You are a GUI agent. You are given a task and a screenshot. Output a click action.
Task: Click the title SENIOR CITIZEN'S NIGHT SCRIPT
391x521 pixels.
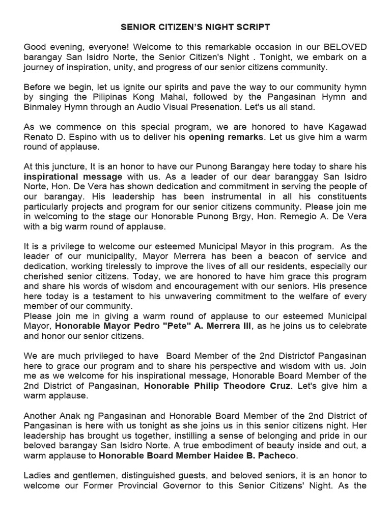tap(195, 26)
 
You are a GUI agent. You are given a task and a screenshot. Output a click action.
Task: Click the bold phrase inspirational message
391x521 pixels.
tap(73, 177)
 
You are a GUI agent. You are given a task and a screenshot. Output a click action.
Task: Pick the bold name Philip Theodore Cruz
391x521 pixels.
tap(217, 386)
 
